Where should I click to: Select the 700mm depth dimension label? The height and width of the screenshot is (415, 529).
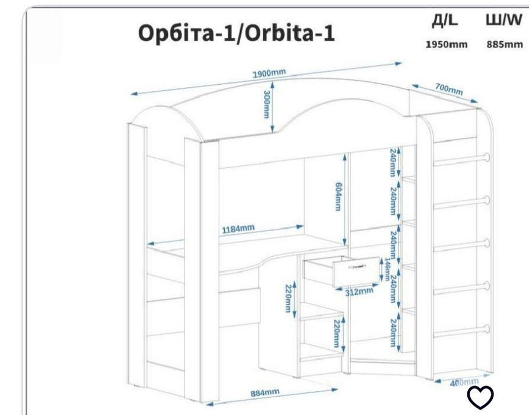pyautogui.click(x=449, y=90)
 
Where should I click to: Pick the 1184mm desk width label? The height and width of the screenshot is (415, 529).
pyautogui.click(x=238, y=229)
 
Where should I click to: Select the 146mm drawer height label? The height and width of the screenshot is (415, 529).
pyautogui.click(x=386, y=270)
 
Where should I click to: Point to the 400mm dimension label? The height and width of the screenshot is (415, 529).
pyautogui.click(x=463, y=383)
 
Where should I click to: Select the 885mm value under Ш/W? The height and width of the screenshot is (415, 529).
pyautogui.click(x=504, y=44)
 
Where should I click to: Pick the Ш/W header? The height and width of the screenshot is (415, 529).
pyautogui.click(x=503, y=21)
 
